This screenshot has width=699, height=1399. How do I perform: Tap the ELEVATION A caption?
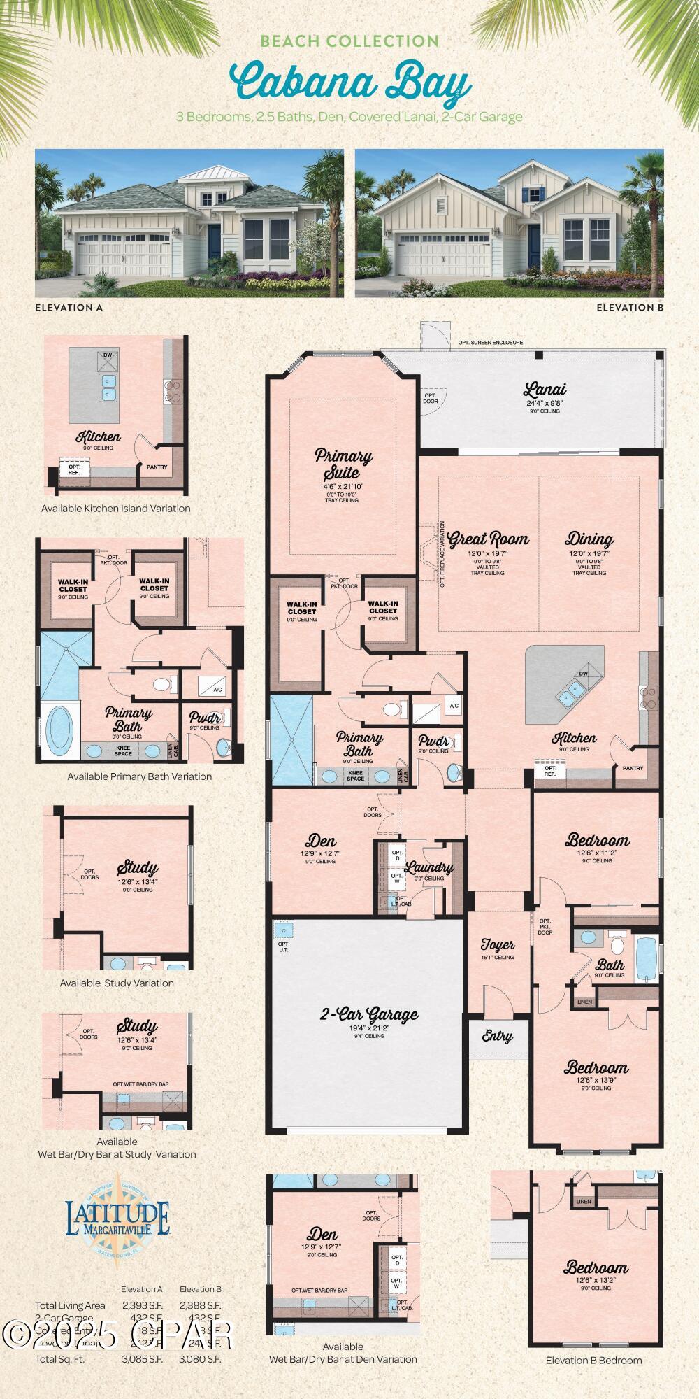pyautogui.click(x=69, y=307)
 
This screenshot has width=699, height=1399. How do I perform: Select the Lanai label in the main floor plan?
pyautogui.click(x=545, y=390)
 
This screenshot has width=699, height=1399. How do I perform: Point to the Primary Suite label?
pyautogui.click(x=343, y=464)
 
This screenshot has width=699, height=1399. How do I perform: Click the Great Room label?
pyautogui.click(x=488, y=539)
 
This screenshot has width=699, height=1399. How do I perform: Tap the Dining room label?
pyautogui.click(x=589, y=539)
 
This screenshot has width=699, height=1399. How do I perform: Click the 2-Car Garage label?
pyautogui.click(x=369, y=1014)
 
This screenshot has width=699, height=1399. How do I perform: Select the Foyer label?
pyautogui.click(x=498, y=946)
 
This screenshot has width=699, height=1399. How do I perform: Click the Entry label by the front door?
pyautogui.click(x=497, y=1037)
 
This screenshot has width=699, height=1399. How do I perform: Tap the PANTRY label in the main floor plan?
pyautogui.click(x=633, y=768)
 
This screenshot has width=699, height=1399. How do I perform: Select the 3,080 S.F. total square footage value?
pyautogui.click(x=200, y=1359)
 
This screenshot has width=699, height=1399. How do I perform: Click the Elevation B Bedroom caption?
pyautogui.click(x=593, y=1360)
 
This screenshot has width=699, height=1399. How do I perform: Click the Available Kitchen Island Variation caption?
pyautogui.click(x=115, y=509)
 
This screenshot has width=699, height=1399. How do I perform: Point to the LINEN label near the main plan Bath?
pyautogui.click(x=584, y=1002)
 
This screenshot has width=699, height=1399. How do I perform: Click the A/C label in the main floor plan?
pyautogui.click(x=454, y=706)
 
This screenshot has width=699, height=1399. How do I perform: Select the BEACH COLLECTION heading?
pyautogui.click(x=349, y=41)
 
